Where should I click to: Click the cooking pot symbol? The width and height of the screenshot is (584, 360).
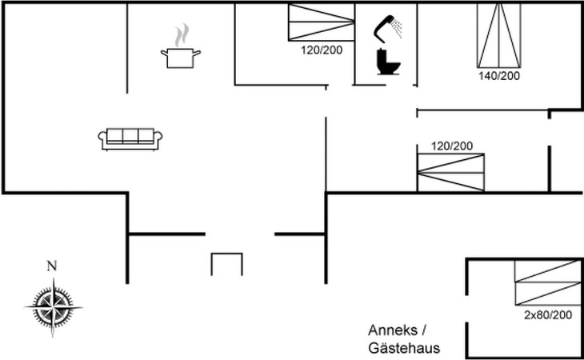(x=182, y=57)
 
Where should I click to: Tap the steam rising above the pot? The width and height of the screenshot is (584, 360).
(x=182, y=34)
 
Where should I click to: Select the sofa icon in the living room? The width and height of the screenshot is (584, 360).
(x=130, y=138)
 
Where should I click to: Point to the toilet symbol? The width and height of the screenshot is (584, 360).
(x=387, y=62)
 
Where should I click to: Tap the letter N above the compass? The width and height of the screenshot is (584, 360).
(x=52, y=266)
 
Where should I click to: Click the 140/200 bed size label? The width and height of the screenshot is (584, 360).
(x=498, y=76)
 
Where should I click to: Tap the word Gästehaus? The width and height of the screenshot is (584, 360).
(x=404, y=348)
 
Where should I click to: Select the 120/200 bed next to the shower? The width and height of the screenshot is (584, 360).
(x=320, y=22)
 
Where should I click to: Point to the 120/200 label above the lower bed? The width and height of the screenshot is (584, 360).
(x=452, y=146)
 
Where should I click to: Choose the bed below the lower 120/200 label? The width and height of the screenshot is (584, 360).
(x=451, y=172)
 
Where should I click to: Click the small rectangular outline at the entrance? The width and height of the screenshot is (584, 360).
(x=226, y=264)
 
